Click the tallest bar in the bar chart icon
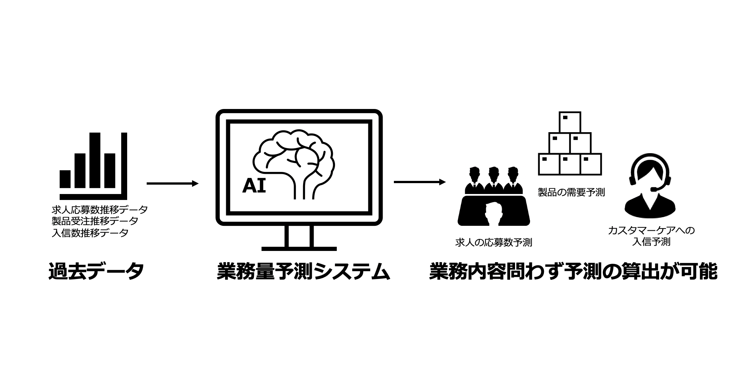(95, 160)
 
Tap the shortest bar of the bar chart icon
(65, 179)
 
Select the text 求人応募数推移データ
(99, 209)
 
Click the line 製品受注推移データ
(95, 221)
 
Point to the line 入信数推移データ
(90, 233)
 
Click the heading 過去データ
(96, 271)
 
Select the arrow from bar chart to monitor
(172, 184)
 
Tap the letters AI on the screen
(254, 186)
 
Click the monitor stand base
(299, 248)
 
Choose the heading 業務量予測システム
(303, 271)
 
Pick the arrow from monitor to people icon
(419, 182)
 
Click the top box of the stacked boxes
(569, 122)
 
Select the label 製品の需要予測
(571, 192)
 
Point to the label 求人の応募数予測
(493, 243)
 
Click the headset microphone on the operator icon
(655, 189)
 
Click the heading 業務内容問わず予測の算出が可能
(573, 271)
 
